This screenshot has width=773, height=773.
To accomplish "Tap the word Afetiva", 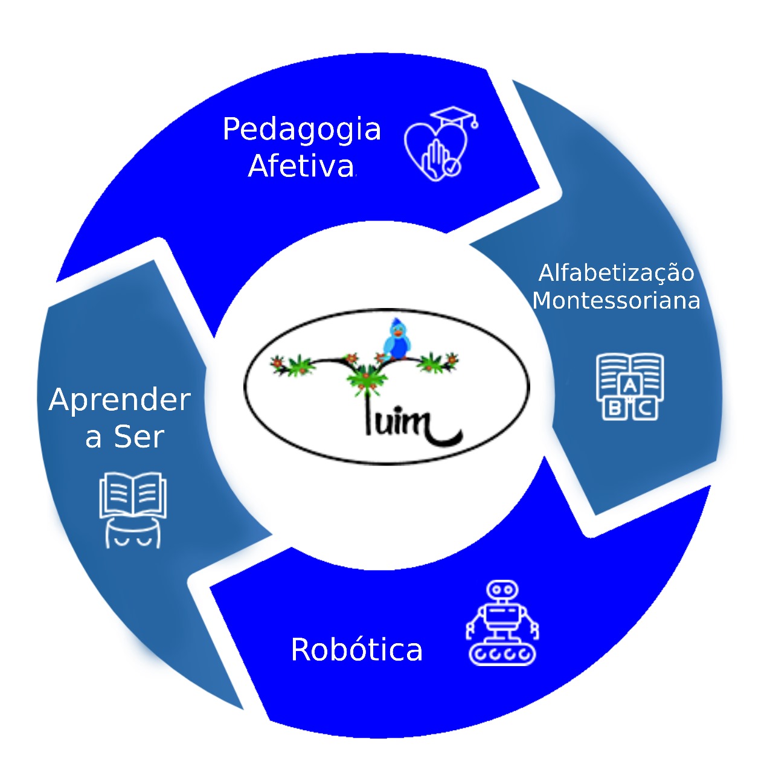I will [x=301, y=166].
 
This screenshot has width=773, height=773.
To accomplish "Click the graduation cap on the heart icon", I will [x=454, y=117].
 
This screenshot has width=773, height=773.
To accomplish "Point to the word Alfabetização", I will [x=616, y=274].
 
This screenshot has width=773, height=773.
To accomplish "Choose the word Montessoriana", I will [x=616, y=301].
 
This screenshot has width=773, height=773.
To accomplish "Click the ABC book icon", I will [x=630, y=386].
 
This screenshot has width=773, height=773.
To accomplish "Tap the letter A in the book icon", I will [x=629, y=385].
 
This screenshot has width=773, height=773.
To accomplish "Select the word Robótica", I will [x=356, y=650].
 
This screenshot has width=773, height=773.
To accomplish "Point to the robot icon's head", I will [x=502, y=589].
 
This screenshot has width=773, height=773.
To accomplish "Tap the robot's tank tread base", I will [x=502, y=653].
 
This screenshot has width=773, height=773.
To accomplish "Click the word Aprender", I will [x=120, y=400].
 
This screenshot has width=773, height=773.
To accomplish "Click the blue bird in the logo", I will [x=397, y=340].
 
